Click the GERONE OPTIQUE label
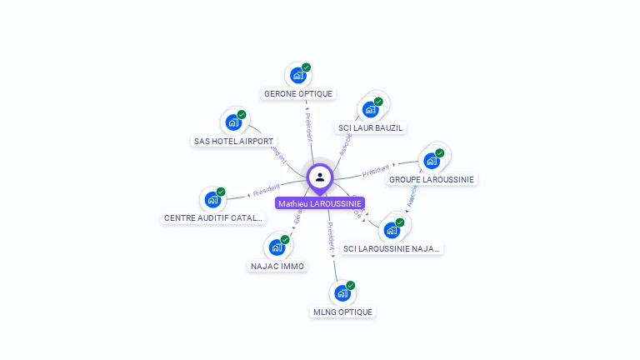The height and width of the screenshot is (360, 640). (298, 94)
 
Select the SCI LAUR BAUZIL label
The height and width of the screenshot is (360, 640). (371, 127)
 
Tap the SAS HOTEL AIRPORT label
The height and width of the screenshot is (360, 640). (233, 142)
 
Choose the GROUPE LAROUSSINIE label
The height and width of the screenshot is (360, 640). (432, 179)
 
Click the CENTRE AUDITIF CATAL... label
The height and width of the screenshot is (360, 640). (213, 218)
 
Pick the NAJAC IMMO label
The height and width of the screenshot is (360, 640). (277, 267)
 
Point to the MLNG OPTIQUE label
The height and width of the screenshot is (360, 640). (342, 312)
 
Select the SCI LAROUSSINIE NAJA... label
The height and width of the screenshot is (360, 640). (392, 248)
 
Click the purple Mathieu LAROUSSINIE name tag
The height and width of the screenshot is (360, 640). (320, 203)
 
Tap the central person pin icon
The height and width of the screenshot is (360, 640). (320, 177)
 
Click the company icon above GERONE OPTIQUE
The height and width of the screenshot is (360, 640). (297, 76)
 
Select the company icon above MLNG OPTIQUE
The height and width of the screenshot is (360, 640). (342, 293)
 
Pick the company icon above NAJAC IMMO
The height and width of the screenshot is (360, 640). (277, 247)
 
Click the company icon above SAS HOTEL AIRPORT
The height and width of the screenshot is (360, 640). (233, 122)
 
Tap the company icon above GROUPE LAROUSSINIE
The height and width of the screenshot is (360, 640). (432, 160)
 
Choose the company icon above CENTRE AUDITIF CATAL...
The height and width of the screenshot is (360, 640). (212, 200)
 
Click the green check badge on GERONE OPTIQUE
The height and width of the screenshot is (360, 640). (306, 67)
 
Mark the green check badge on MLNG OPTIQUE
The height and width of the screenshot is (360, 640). (350, 285)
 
